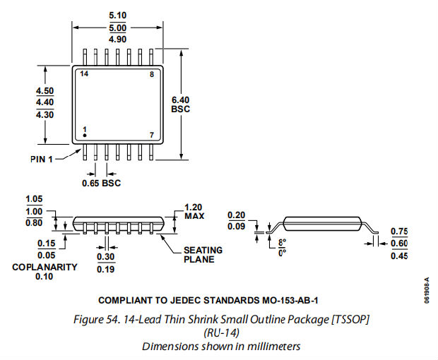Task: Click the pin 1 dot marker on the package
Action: click(x=85, y=134)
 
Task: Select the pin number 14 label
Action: click(x=84, y=73)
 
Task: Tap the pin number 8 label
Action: click(x=150, y=73)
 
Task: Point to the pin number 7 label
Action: click(x=150, y=134)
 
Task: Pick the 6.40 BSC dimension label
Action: click(x=181, y=104)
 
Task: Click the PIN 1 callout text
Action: click(x=42, y=158)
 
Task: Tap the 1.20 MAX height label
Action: click(x=194, y=211)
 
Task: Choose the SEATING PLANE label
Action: click(x=203, y=254)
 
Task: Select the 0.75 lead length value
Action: click(x=399, y=232)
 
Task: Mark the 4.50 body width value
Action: click(x=45, y=90)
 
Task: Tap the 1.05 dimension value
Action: click(x=34, y=199)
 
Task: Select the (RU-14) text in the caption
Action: click(x=222, y=332)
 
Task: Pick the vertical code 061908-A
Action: click(x=427, y=289)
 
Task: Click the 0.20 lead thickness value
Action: click(x=237, y=216)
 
